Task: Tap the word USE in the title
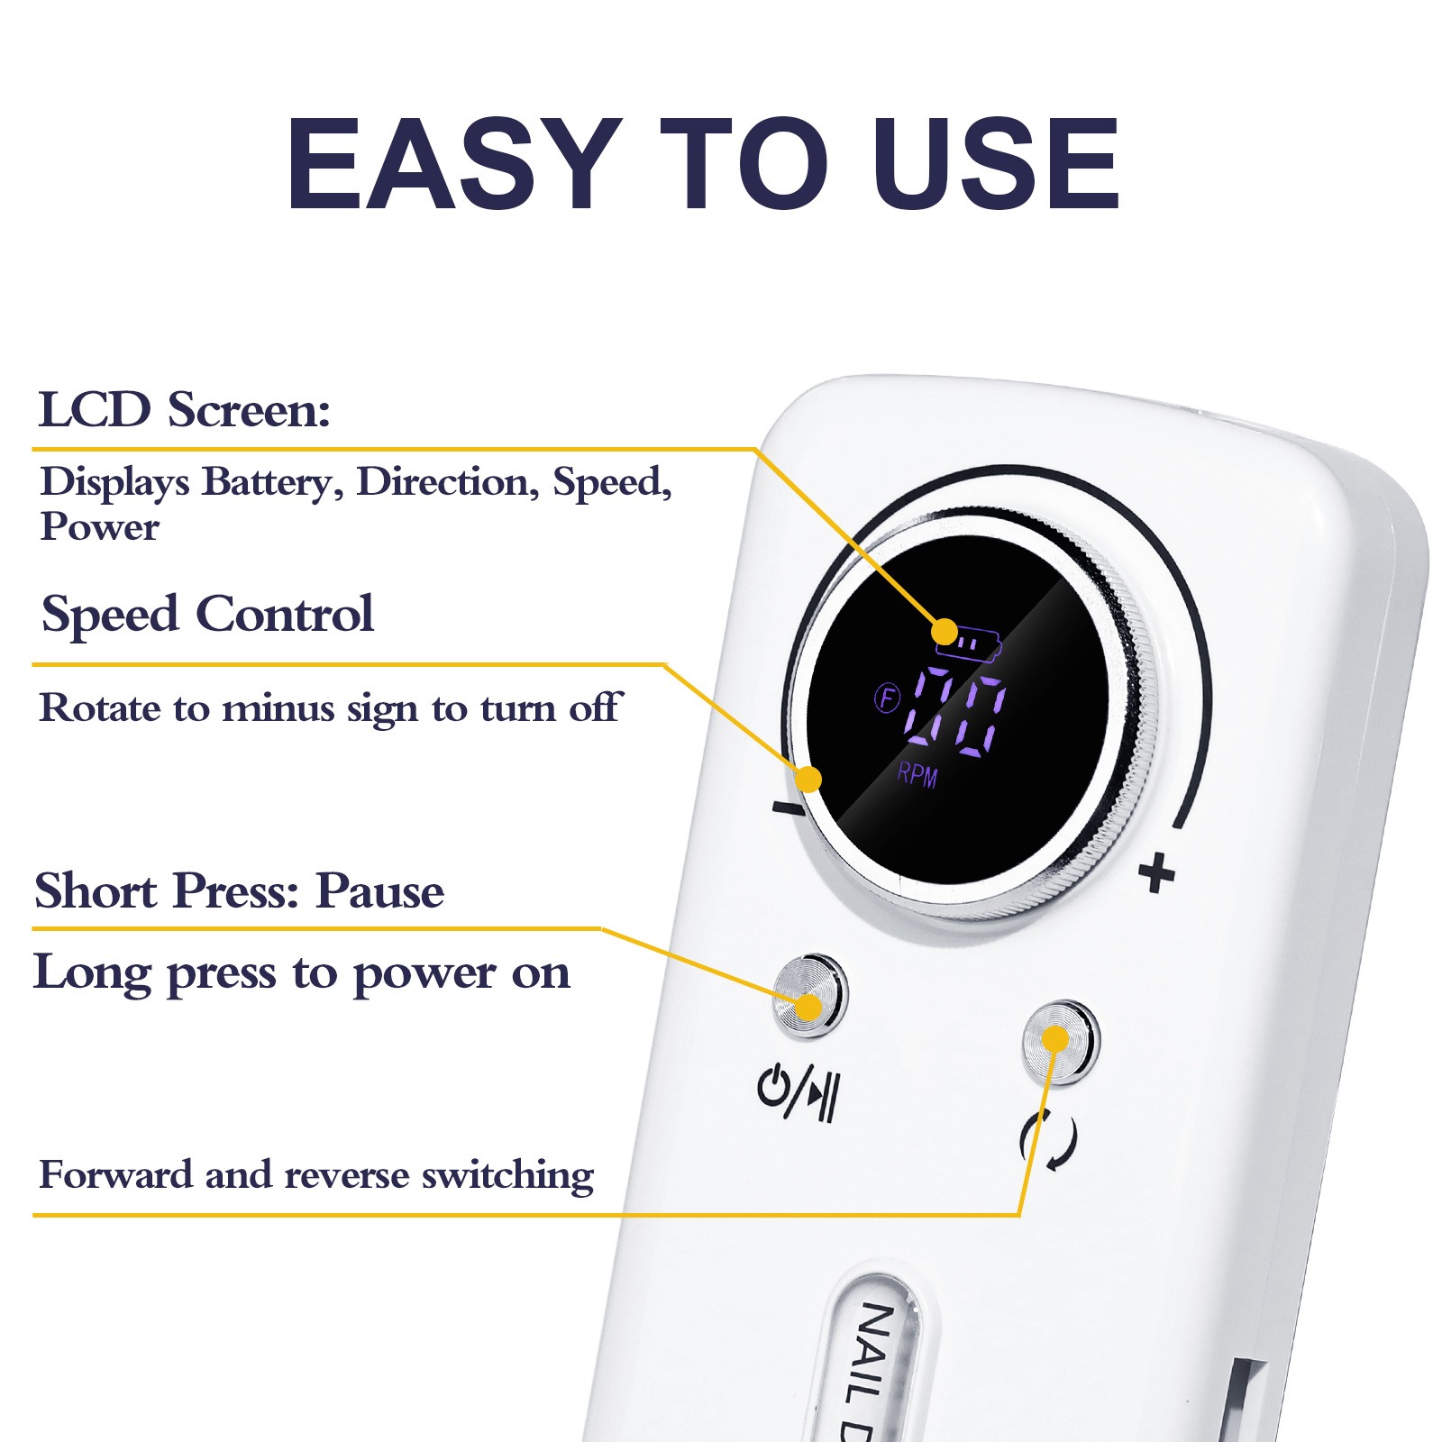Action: coord(996,164)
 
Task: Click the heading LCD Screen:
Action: coord(185,410)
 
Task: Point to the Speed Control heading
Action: coord(207,616)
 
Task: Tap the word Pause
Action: coord(379,891)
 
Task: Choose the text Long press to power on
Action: coord(302,973)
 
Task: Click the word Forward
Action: coord(116,1175)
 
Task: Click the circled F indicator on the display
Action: coord(888,698)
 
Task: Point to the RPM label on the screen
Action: coord(917,774)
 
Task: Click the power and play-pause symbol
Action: coord(799,1092)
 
